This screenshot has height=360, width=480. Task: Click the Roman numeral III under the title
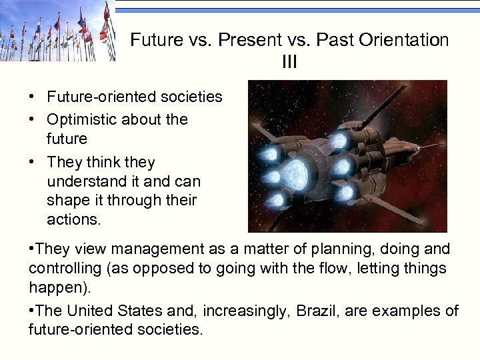(x=289, y=62)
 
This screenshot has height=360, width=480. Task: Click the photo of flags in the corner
(x=57, y=31)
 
